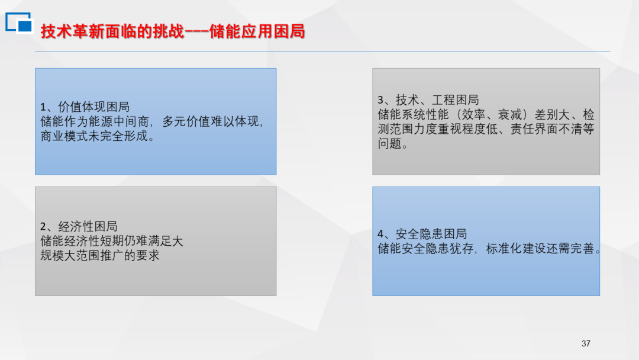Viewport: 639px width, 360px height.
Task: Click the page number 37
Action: pos(586,343)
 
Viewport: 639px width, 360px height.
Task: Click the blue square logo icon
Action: pos(19,22)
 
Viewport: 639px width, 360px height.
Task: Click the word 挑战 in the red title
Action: pos(169,32)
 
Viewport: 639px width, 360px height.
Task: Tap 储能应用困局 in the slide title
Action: pos(257,32)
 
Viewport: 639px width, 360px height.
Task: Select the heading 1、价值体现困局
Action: pos(85,107)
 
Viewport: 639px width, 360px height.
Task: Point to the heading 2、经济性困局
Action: pos(79,226)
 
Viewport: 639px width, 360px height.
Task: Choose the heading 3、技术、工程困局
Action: pos(428,100)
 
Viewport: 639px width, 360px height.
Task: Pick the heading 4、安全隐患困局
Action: pos(422,234)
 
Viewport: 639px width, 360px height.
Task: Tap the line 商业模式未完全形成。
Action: pos(98,136)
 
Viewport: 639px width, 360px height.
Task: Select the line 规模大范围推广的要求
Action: pos(99,256)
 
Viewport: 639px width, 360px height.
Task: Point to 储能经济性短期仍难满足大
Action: pos(111,241)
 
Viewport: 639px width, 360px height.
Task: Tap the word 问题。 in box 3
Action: pos(392,143)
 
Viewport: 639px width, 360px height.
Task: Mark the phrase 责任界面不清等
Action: pos(552,129)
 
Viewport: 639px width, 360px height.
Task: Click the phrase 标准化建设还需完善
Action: pos(540,248)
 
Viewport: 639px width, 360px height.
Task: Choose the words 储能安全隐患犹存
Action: pos(425,248)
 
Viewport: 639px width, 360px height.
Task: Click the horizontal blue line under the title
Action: pos(322,52)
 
